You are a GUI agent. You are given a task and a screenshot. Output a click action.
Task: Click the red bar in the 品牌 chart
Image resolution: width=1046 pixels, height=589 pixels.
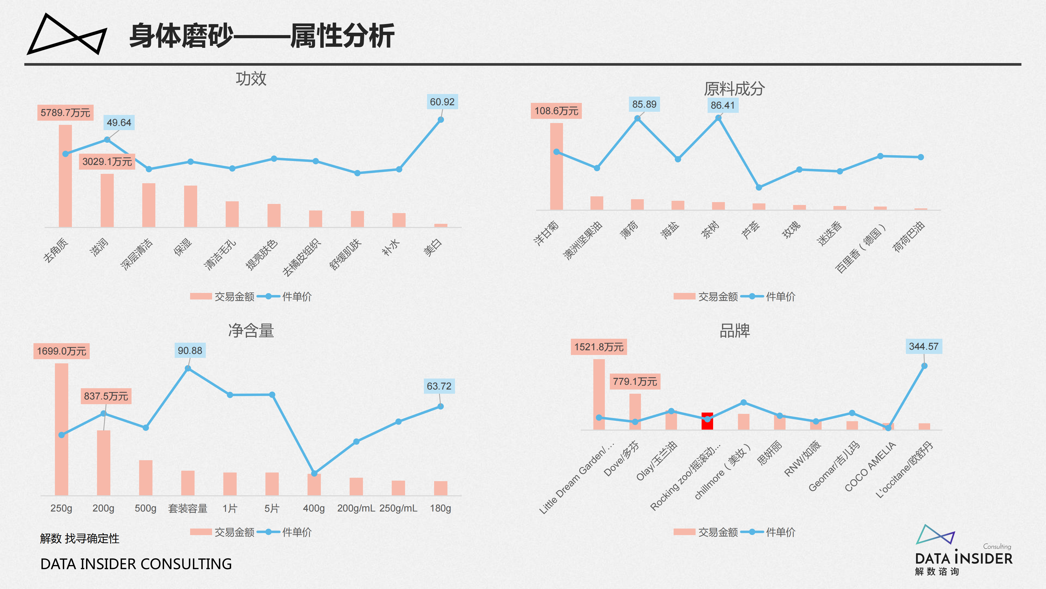point(707,421)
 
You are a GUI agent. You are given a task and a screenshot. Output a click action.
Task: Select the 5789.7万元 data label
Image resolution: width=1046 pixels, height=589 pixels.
point(65,113)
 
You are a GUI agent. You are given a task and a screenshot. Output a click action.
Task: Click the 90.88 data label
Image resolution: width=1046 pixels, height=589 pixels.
point(190,351)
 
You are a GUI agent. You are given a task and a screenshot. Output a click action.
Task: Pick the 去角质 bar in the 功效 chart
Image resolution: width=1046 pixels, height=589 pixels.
point(65,176)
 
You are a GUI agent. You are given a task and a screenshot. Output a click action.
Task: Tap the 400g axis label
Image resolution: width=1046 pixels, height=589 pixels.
point(314,508)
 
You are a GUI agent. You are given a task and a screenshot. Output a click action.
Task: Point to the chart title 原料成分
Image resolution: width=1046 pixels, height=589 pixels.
point(734,89)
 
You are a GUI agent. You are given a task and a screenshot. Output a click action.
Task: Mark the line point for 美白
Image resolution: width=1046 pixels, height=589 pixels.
point(441,120)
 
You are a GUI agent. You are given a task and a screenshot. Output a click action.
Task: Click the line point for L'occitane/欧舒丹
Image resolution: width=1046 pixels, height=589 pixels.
point(924,366)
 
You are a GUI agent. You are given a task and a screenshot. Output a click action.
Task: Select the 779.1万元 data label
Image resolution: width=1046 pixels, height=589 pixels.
point(635,382)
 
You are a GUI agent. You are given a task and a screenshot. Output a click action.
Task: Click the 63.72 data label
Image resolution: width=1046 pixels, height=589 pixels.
point(439,386)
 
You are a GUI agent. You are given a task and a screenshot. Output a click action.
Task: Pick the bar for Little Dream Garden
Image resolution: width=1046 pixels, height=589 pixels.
point(599,394)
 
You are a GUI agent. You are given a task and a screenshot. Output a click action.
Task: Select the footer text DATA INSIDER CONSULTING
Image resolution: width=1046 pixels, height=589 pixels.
point(136,564)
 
